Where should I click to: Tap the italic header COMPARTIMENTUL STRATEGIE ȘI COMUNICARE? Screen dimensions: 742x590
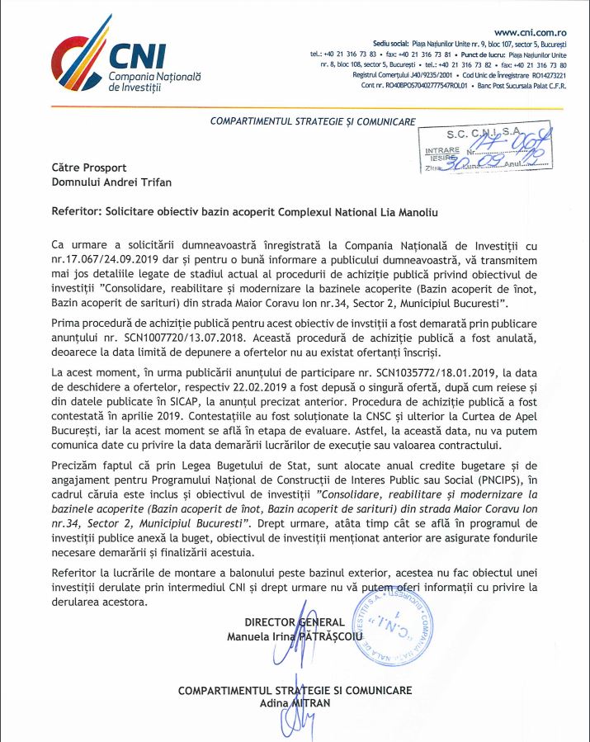click(x=313, y=121)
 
